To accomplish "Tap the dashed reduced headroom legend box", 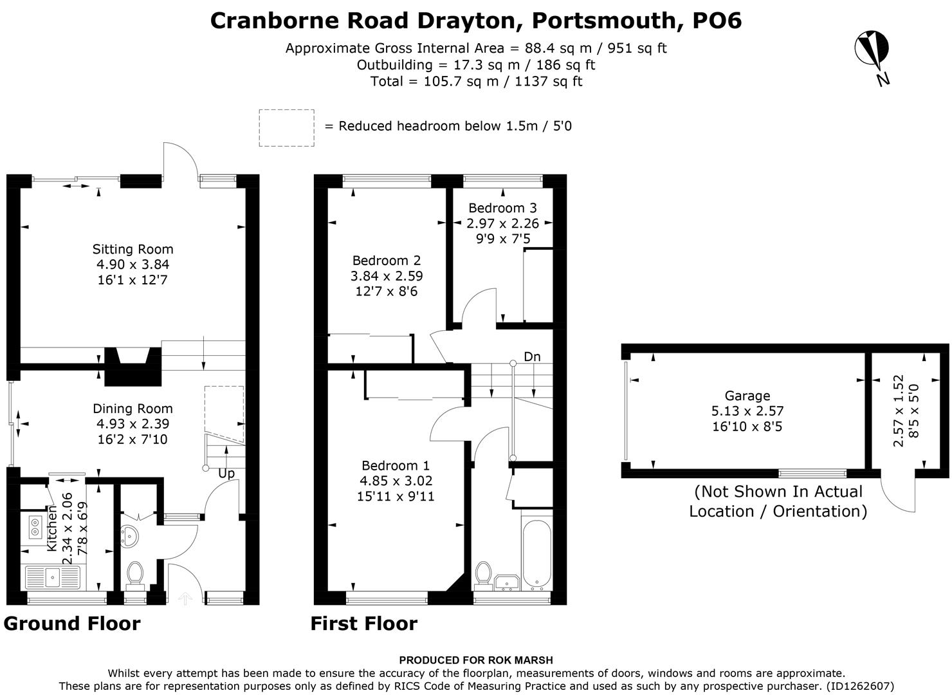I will click(x=286, y=127).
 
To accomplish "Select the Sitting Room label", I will click(x=133, y=249).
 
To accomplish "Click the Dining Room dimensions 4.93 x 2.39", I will click(x=133, y=424).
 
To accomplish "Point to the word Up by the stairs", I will click(x=226, y=474).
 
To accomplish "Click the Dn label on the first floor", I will click(x=532, y=357).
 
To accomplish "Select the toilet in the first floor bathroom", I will click(x=483, y=575).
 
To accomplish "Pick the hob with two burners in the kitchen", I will click(x=34, y=528).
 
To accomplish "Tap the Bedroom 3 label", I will click(x=502, y=208).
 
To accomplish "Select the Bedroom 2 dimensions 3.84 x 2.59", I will click(x=386, y=276).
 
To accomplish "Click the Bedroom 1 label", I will click(x=395, y=465).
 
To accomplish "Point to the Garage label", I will click(x=747, y=396).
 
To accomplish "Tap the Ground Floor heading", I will click(x=72, y=624).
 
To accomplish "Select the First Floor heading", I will click(x=363, y=624).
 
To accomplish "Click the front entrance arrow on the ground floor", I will click(x=185, y=598).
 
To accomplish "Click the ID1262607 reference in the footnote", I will click(x=859, y=686).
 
